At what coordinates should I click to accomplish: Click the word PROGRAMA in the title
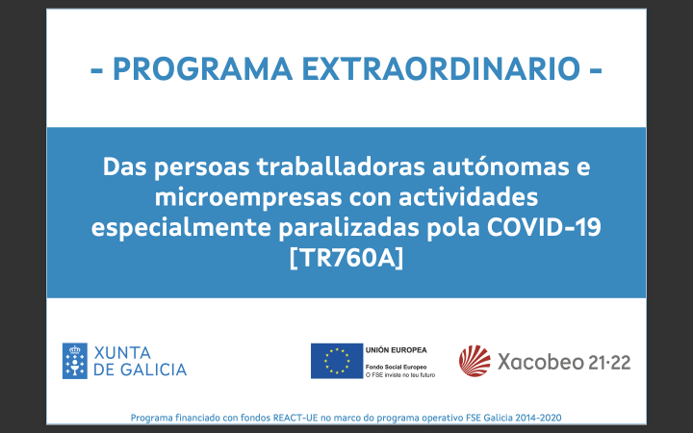[202, 68]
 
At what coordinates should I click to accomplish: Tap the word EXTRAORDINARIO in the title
[441, 68]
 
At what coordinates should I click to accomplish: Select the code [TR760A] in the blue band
[346, 258]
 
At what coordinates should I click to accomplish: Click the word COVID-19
[544, 227]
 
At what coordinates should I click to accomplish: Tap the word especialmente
[181, 228]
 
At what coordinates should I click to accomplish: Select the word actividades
[468, 197]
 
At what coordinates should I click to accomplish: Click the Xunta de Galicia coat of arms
[75, 361]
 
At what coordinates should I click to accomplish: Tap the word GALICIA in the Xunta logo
[153, 369]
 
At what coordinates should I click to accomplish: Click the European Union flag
[337, 361]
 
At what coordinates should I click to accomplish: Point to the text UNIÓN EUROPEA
[396, 350]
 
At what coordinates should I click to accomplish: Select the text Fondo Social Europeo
[396, 367]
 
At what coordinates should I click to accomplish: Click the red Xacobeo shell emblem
[475, 361]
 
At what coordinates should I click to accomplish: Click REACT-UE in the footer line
[295, 418]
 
